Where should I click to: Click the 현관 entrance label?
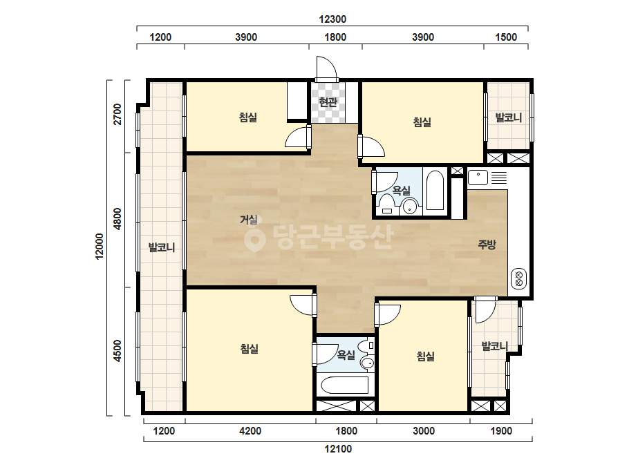(328, 102)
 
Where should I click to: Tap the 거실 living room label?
(249, 220)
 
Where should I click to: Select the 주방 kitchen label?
(487, 245)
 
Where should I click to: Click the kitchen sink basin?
(478, 178)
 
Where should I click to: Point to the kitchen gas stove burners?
(519, 278)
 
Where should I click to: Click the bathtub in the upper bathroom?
(435, 191)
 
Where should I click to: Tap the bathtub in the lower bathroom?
(345, 385)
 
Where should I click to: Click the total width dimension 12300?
(332, 19)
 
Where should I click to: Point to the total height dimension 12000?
(100, 246)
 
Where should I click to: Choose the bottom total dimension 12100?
(338, 449)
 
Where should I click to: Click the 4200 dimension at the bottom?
(250, 431)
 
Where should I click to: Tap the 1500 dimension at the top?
(506, 37)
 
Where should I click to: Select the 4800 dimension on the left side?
(118, 219)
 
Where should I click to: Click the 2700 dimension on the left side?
(118, 114)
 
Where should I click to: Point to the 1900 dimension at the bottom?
(501, 431)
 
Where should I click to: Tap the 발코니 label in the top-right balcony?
(508, 118)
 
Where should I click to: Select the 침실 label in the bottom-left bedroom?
(249, 349)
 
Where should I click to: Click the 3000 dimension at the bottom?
(424, 431)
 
